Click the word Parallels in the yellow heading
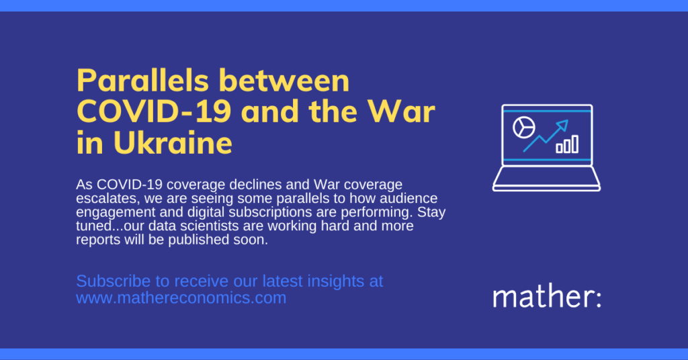tap(142, 81)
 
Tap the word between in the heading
tap(284, 81)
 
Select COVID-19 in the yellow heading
tap(154, 111)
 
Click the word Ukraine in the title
tap(173, 143)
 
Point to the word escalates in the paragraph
tap(107, 199)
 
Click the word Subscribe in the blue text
tap(113, 281)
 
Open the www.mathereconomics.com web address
tap(181, 298)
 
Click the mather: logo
tap(547, 297)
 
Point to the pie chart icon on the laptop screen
tap(524, 128)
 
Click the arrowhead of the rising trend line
tap(563, 125)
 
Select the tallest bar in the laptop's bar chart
tap(575, 144)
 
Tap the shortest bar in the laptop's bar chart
tap(559, 148)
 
